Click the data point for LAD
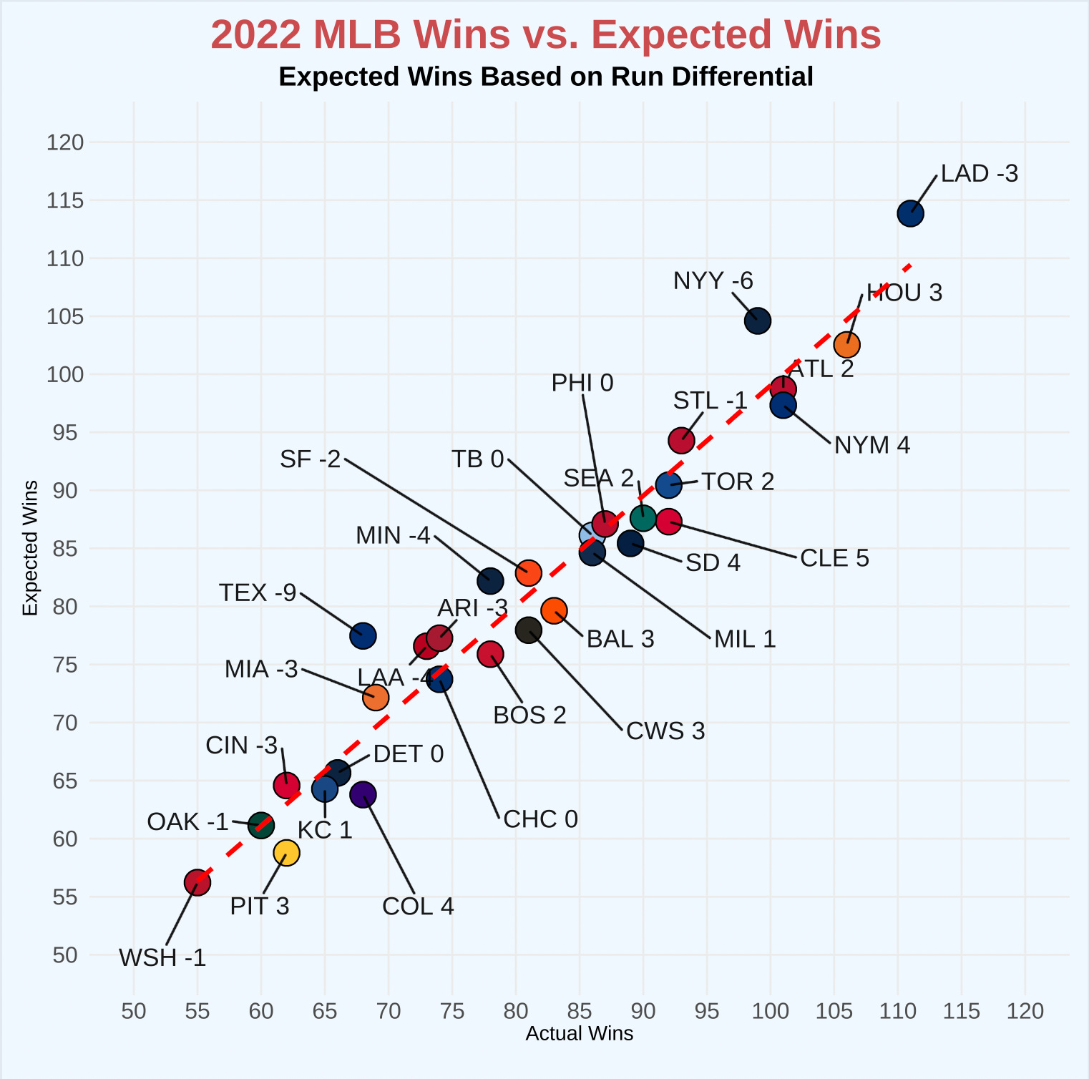[910, 213]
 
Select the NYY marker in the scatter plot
[757, 321]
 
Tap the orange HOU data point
[846, 344]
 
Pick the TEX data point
[363, 635]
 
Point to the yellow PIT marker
[286, 853]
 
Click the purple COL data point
[363, 794]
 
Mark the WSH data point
[197, 882]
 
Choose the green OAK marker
[260, 826]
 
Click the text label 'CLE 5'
[834, 558]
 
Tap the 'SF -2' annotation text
[311, 459]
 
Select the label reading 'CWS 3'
[665, 731]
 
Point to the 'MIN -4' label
[394, 535]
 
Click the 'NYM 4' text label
[872, 445]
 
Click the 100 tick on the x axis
[771, 1011]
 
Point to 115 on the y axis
[65, 200]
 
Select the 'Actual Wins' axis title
[580, 1034]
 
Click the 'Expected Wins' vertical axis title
[30, 548]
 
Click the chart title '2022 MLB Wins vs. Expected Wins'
[546, 34]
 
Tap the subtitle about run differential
[546, 77]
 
